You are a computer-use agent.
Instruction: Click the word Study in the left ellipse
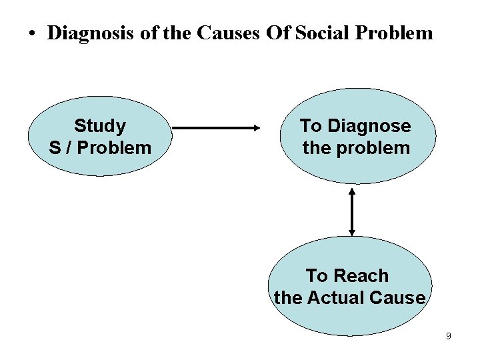coord(100,125)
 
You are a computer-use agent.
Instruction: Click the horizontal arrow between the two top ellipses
coord(213,127)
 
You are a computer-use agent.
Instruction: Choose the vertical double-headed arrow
coord(352,211)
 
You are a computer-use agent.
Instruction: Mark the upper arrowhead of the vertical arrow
coord(352,193)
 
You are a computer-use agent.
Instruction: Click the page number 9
coord(449,337)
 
